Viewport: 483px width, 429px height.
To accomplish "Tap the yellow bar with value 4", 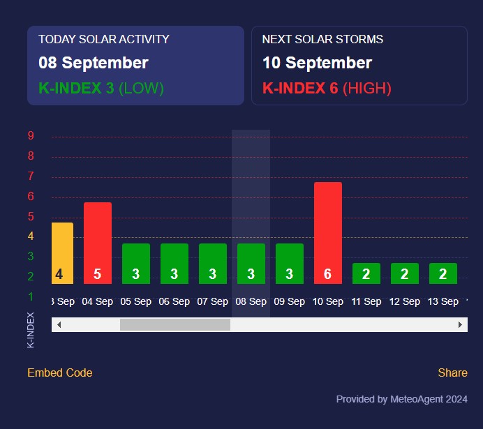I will [61, 253].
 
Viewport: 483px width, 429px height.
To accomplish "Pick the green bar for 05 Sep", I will [135, 263].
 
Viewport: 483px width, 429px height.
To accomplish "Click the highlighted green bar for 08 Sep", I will [251, 263].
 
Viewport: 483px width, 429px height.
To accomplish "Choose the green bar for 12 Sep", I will [404, 273].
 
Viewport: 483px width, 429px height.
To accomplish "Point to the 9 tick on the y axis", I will [31, 136].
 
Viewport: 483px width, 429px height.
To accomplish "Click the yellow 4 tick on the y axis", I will [31, 236].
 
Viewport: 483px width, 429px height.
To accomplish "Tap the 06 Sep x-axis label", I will [174, 301].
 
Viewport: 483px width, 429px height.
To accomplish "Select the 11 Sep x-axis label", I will [366, 301].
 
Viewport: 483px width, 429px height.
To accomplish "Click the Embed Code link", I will [59, 372].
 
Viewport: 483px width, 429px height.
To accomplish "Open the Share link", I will [452, 372].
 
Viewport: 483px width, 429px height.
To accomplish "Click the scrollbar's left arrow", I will [59, 324].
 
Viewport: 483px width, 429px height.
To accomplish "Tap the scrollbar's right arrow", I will [460, 324].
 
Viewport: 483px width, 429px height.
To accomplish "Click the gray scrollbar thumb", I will [174, 324].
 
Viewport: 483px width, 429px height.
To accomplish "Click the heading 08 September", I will [93, 63].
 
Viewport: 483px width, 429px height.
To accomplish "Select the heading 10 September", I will [317, 63].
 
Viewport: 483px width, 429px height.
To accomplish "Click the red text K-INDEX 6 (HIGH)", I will [326, 89].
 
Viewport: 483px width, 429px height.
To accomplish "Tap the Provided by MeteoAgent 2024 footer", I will [401, 399].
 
